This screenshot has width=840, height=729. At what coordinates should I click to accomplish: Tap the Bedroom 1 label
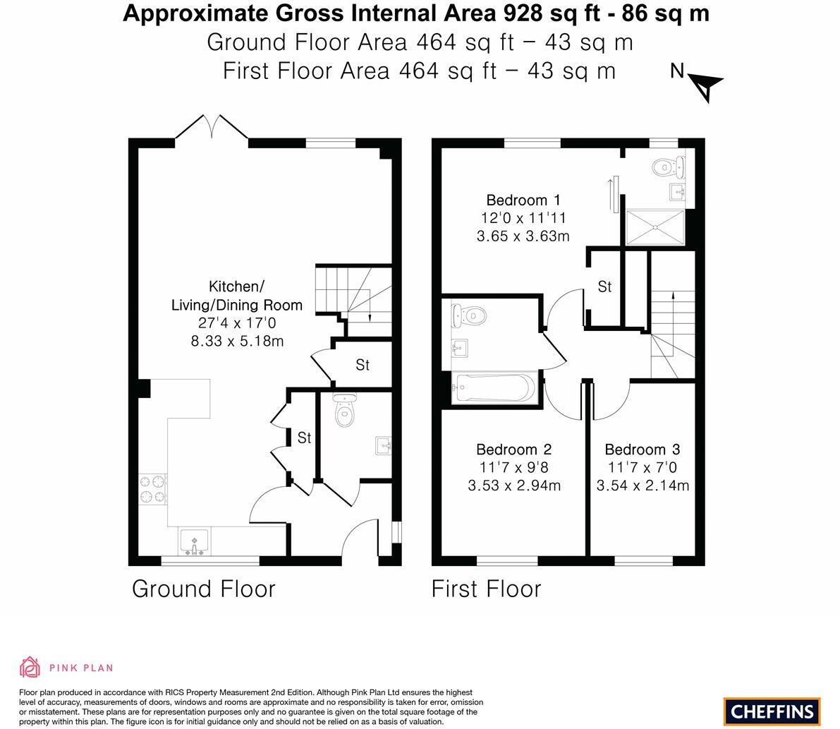(x=523, y=200)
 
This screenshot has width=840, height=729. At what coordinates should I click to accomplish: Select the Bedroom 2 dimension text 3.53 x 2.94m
(x=514, y=486)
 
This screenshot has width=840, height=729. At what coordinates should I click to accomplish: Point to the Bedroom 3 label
(x=643, y=450)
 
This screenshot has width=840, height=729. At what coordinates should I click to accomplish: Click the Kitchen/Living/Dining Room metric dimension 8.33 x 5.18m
(x=237, y=341)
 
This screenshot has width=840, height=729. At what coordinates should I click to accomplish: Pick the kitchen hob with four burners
(x=152, y=489)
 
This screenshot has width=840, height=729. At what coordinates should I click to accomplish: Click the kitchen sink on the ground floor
(x=195, y=542)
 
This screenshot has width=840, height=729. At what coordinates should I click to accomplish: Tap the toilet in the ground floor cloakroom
(x=344, y=409)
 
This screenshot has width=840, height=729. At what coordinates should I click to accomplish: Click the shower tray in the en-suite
(x=656, y=227)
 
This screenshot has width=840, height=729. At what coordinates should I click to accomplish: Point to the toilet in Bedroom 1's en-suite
(x=668, y=167)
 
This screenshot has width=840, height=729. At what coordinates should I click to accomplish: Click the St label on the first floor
(x=605, y=287)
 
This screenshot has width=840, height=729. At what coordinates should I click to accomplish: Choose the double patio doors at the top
(x=212, y=128)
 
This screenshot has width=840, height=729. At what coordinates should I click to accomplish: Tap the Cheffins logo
(x=772, y=712)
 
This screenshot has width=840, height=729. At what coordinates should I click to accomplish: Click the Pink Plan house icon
(x=30, y=668)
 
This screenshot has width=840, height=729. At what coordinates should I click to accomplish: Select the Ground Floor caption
(x=204, y=589)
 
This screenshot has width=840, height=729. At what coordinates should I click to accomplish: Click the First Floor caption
(x=487, y=589)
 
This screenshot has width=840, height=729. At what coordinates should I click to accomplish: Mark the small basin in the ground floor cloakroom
(x=384, y=445)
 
